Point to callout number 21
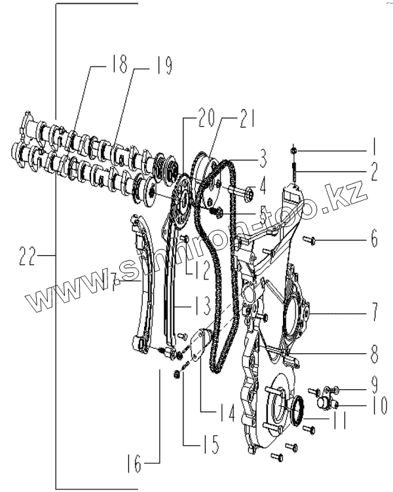click(x=229, y=118)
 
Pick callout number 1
click(x=373, y=143)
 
